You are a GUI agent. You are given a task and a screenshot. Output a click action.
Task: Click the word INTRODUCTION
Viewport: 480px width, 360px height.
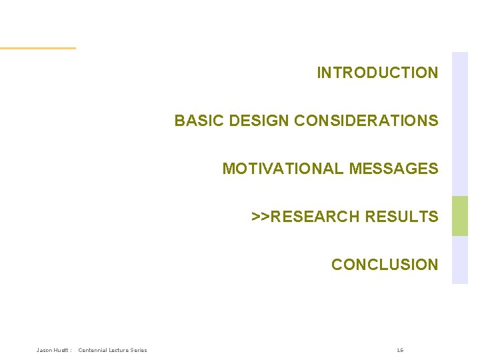377,73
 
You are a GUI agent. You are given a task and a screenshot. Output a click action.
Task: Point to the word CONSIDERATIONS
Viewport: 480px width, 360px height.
366,121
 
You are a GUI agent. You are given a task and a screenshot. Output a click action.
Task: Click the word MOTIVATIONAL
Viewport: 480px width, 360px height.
283,169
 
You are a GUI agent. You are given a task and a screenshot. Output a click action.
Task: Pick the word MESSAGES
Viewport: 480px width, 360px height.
393,169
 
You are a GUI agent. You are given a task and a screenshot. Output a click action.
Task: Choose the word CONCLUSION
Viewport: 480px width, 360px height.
385,265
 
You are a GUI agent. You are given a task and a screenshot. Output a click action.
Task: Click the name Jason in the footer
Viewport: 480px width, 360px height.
45,350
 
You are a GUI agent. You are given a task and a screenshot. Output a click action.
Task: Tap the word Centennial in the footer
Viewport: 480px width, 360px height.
95,350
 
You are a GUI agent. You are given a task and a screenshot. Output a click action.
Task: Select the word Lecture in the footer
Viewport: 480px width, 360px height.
122,350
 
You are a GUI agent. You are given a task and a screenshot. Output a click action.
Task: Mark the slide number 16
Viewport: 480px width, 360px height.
400,350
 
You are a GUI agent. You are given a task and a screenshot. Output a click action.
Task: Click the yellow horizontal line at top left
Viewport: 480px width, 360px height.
38,48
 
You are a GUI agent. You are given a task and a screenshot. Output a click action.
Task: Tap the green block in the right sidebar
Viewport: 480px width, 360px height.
460,216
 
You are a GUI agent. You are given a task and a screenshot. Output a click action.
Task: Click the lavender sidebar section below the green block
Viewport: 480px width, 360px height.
460,260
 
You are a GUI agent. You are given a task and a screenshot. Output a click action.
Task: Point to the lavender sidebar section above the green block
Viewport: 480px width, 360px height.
460,123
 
